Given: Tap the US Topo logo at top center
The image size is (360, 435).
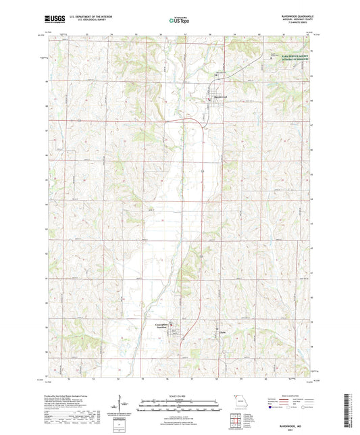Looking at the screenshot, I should (179, 21).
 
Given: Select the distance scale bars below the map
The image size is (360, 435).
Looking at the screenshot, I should (180, 403).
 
